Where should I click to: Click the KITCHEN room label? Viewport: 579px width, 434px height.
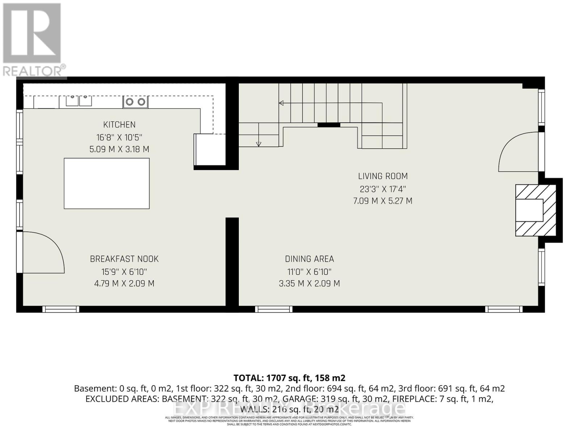click(x=119, y=125)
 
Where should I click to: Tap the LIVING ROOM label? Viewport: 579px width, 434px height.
click(x=383, y=176)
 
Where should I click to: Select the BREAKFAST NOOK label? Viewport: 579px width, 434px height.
click(x=124, y=259)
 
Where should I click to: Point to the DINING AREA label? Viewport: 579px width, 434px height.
click(x=309, y=259)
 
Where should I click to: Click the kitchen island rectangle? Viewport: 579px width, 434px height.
click(x=107, y=183)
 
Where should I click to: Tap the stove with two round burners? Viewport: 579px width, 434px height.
click(x=136, y=102)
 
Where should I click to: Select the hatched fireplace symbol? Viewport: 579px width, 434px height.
click(x=536, y=210)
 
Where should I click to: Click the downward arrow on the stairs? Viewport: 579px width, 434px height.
click(x=258, y=144)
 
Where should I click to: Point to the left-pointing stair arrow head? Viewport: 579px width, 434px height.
click(x=281, y=103)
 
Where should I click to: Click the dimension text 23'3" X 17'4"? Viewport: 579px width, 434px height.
click(x=383, y=189)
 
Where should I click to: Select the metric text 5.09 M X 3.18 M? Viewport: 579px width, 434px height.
click(x=119, y=149)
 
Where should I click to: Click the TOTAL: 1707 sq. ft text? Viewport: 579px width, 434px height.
click(x=289, y=378)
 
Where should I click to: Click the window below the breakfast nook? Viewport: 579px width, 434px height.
click(x=61, y=309)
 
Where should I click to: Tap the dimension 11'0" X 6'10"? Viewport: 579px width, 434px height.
click(x=309, y=272)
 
